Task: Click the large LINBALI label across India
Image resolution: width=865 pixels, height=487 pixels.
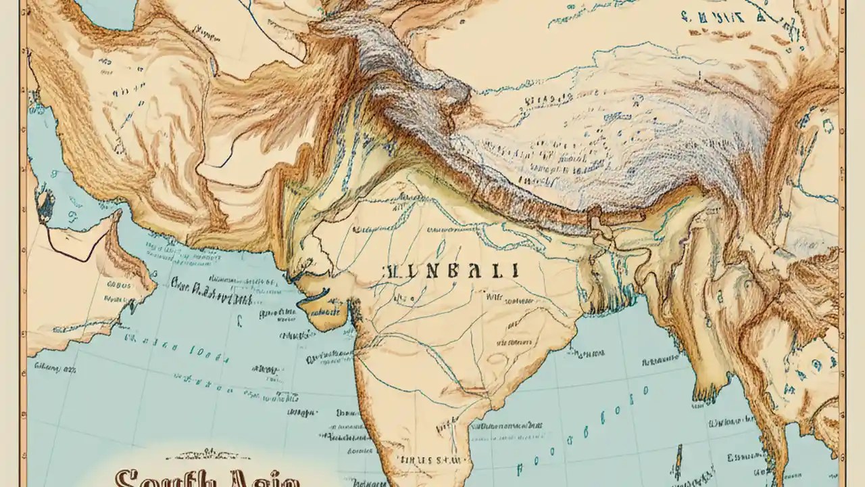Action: click(451, 271)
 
